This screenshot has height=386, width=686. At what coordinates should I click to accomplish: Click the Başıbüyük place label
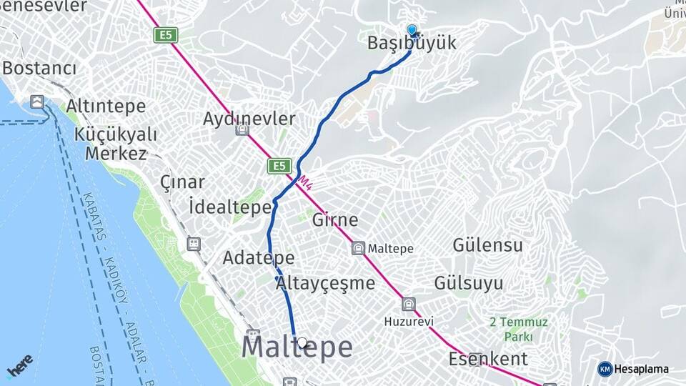point(411,44)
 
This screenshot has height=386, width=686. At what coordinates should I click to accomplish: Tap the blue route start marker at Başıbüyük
point(412,30)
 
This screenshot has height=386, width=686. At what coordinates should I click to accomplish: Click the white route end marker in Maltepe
point(302,343)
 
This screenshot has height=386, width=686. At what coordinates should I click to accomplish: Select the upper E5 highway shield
point(165,34)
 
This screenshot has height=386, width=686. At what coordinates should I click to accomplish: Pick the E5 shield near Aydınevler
point(280,166)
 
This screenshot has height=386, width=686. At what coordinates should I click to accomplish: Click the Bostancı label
point(39,69)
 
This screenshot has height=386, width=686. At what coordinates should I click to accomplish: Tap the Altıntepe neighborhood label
point(106,107)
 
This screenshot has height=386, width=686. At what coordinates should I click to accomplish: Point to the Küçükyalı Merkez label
point(116,144)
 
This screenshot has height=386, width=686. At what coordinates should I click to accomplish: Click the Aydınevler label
point(249,119)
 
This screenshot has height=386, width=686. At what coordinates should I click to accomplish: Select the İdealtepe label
point(231,207)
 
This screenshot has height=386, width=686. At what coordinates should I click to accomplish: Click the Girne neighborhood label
point(335,220)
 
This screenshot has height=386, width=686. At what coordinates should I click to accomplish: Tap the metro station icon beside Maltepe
point(358,249)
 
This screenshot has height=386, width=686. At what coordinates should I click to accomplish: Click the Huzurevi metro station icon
point(408,305)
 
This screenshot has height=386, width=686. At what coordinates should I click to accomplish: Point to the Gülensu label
point(487,245)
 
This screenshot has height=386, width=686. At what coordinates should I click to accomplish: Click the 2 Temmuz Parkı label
point(518,329)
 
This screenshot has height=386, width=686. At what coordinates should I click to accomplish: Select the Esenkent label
point(488,358)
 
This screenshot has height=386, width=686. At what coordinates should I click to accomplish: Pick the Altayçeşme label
point(325,283)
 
